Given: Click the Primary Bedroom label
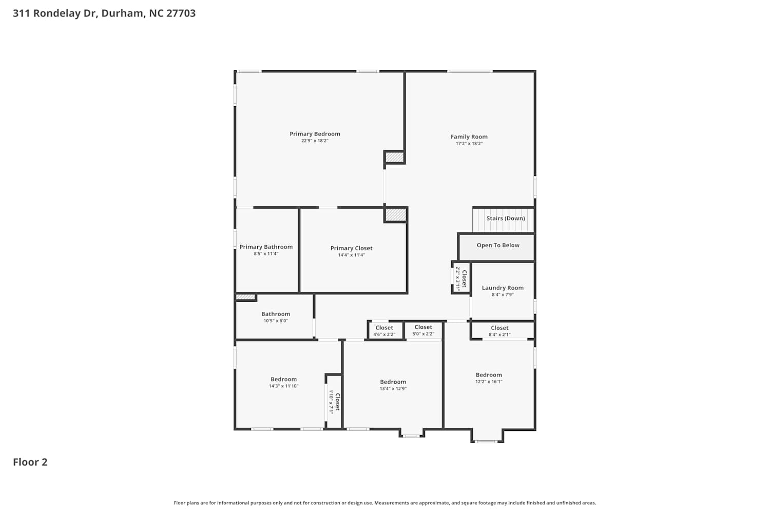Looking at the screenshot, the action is [315, 134].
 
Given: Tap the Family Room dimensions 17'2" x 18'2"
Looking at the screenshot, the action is [469, 144].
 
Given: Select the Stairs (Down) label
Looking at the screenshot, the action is [506, 219].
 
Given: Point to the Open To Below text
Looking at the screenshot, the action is [498, 245].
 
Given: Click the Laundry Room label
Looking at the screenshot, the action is [503, 288].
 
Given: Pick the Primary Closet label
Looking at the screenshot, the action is [351, 248].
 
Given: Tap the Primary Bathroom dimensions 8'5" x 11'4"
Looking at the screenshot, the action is [266, 254].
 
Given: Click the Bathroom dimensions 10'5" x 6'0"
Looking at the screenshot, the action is [276, 321].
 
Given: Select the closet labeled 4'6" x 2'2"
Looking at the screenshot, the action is [384, 330].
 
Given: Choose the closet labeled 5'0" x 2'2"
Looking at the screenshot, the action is [423, 330].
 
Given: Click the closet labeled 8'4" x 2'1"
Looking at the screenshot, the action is [502, 330].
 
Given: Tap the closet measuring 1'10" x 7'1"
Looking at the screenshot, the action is [334, 402].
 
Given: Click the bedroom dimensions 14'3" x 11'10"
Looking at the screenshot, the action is [283, 386].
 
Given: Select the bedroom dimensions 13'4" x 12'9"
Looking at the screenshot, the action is [393, 389].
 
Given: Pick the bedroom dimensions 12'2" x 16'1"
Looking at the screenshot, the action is [489, 382].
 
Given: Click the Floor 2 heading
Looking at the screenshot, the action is [30, 462].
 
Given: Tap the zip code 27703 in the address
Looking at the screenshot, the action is [181, 13].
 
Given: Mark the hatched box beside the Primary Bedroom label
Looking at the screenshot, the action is [394, 157].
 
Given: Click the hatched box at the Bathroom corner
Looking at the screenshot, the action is [245, 297].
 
